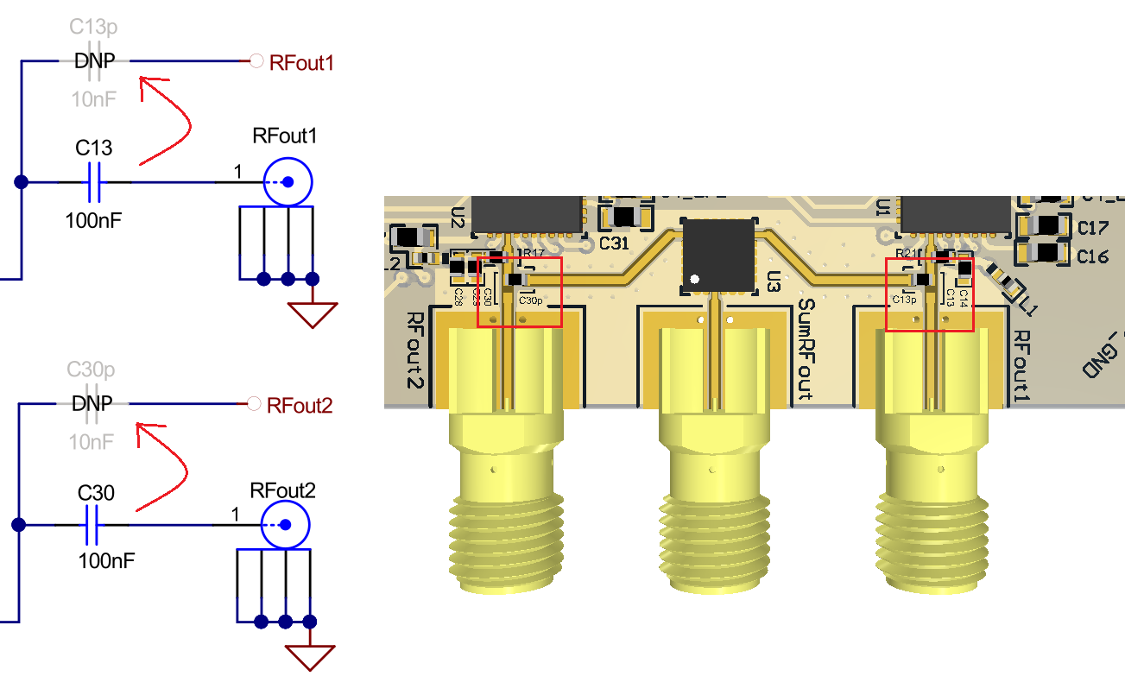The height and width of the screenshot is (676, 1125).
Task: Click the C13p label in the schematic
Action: [x=92, y=26]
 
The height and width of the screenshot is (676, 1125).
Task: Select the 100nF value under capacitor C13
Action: [x=93, y=219]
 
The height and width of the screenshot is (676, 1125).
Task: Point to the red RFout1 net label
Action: [x=300, y=62]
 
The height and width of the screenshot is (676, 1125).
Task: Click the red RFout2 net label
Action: [x=299, y=405]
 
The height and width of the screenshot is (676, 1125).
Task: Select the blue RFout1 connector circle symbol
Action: [x=288, y=182]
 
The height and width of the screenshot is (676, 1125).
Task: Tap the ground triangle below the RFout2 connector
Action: [x=312, y=658]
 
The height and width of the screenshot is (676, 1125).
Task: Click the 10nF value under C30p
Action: [x=92, y=442]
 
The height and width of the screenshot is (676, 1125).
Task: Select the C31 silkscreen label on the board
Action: [x=614, y=243]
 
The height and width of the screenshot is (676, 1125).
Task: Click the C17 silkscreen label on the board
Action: [x=1092, y=228]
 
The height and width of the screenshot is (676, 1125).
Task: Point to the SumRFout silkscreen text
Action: [x=806, y=350]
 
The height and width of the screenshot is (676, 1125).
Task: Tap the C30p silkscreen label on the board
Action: [x=530, y=300]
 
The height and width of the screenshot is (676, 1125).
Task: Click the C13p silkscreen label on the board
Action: [x=904, y=300]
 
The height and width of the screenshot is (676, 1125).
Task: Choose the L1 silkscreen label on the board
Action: [x=1027, y=306]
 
